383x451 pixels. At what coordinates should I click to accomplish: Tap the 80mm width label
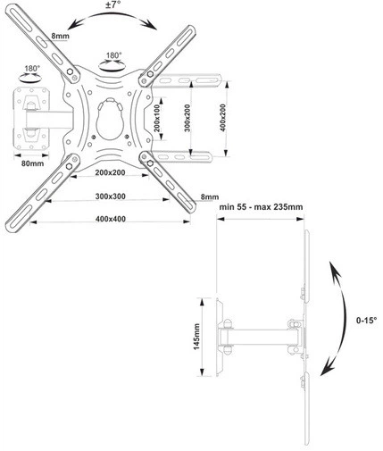[32, 163]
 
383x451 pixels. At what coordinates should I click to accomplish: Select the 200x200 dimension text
[110, 172]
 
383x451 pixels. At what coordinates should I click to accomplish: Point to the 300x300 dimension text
[111, 196]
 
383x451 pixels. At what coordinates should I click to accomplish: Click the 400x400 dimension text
[111, 219]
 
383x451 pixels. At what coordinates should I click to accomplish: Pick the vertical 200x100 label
[157, 119]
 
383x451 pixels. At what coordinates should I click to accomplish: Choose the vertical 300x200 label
[187, 118]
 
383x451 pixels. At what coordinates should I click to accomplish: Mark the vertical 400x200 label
[222, 118]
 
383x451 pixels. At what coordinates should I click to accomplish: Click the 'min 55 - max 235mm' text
[261, 207]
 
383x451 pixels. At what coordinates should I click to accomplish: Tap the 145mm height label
[196, 337]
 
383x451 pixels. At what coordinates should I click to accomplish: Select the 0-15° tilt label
[366, 321]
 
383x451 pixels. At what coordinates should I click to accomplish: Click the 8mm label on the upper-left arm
[61, 36]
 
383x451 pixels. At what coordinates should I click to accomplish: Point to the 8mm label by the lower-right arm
[210, 196]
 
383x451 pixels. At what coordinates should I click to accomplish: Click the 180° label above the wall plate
[32, 69]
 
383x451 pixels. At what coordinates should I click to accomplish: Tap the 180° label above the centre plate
[114, 55]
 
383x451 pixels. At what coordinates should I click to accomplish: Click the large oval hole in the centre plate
[110, 119]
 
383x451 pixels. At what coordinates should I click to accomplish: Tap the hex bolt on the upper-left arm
[71, 71]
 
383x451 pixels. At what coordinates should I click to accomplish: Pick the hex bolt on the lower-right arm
[150, 163]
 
